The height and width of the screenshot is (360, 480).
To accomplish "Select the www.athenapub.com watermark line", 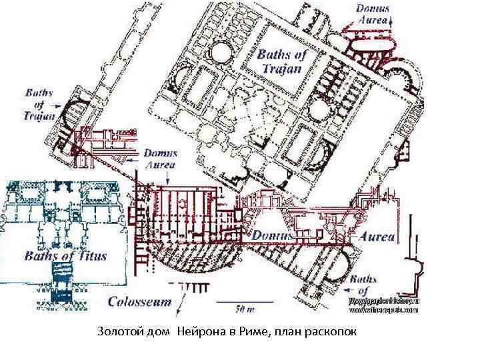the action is tap(383, 310).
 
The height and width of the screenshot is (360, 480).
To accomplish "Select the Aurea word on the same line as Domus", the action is tap(377, 236).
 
